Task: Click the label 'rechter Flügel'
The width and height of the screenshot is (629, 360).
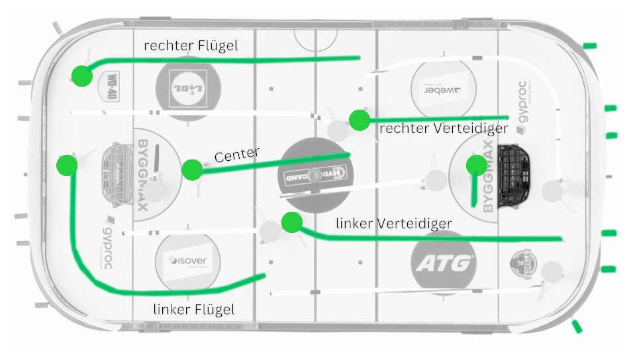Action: (x=191, y=46)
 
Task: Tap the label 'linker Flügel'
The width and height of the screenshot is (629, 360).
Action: (x=194, y=309)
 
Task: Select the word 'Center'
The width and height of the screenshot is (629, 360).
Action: (x=236, y=156)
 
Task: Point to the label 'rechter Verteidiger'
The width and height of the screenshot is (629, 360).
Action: (x=444, y=128)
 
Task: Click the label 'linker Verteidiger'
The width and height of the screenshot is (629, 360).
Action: (x=393, y=224)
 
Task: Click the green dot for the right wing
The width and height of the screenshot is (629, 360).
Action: (x=81, y=76)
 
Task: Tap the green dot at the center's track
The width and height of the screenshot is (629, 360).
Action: (x=192, y=170)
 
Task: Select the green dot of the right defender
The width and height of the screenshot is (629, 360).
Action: (x=359, y=120)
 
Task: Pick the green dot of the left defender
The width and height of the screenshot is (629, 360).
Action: (x=291, y=222)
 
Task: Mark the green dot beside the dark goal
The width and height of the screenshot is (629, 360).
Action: (x=475, y=165)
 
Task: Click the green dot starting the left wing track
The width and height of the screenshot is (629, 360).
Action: (x=67, y=165)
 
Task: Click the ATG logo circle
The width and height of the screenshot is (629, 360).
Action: (x=443, y=263)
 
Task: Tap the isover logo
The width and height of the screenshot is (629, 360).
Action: (x=187, y=261)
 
